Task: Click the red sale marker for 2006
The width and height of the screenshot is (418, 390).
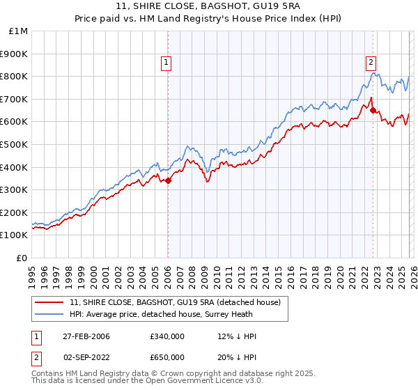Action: [x=168, y=180]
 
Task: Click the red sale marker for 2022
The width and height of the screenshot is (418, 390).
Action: [x=373, y=110]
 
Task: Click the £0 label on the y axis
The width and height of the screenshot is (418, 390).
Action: [x=22, y=258]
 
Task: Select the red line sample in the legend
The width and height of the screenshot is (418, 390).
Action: [x=49, y=302]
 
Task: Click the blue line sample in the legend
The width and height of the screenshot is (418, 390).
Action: [x=49, y=314]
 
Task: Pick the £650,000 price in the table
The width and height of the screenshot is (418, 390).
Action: [x=167, y=357]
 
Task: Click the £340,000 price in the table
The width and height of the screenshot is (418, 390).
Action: [x=167, y=336]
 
